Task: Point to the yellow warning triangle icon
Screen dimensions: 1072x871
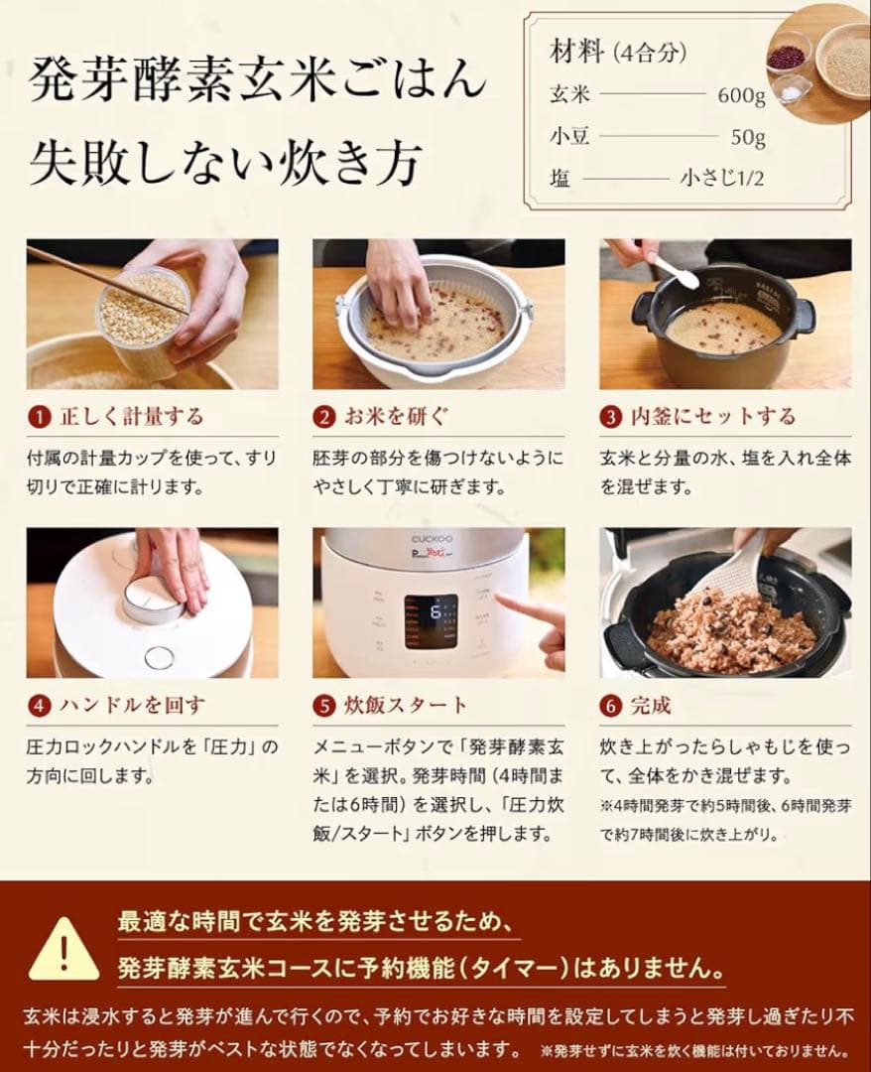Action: (x=63, y=950)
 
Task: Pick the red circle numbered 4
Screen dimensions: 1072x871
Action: (x=38, y=706)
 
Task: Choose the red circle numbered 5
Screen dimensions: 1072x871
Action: (x=324, y=706)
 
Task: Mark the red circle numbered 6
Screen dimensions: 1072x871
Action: (x=611, y=706)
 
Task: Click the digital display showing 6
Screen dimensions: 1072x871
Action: (x=431, y=621)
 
